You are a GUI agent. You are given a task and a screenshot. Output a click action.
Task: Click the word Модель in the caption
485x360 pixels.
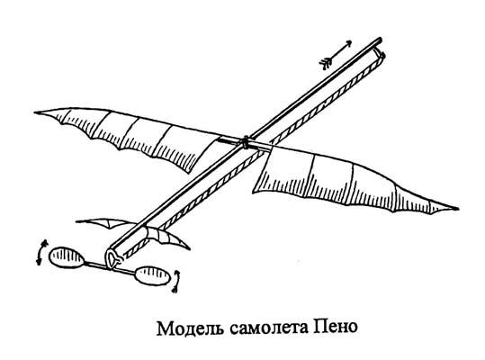190,328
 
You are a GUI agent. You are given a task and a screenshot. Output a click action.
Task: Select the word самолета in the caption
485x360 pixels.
269,328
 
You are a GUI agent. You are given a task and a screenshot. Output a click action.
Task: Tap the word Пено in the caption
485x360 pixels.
336,328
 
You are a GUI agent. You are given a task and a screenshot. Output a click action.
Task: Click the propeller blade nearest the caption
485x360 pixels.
153,276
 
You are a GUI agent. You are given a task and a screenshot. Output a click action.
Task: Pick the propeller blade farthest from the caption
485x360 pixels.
66,257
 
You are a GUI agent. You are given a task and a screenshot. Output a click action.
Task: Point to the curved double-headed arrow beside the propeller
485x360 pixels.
40,252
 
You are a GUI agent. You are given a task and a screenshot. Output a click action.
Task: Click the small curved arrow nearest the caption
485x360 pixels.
176,282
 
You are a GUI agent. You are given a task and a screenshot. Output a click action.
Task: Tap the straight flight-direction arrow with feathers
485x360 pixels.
336,53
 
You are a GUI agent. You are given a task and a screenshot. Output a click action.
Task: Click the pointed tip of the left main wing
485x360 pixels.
35,112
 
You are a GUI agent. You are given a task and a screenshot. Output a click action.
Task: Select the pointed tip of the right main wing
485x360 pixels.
457,209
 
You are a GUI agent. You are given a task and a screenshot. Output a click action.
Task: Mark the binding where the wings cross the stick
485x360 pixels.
246,142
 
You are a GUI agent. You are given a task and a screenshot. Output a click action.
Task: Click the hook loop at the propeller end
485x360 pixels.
112,258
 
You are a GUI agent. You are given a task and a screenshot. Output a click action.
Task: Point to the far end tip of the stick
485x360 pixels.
380,40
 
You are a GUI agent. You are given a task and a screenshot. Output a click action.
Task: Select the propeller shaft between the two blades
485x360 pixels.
111,267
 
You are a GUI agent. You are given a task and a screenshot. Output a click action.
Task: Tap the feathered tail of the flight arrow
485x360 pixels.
325,64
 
